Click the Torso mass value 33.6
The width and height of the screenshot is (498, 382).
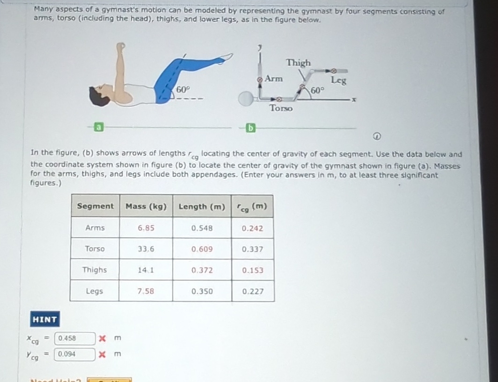146,249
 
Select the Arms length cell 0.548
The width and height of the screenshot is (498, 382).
202,228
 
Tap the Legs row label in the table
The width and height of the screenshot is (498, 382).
94,291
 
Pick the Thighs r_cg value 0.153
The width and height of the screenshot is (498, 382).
252,270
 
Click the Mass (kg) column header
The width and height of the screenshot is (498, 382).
146,206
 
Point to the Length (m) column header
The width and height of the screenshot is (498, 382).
202,206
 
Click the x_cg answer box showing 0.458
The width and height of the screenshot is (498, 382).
75,338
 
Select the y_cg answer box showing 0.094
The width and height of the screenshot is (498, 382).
75,354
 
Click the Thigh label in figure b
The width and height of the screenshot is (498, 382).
298,63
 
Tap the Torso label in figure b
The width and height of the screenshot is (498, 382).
281,108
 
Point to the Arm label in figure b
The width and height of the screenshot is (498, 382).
273,79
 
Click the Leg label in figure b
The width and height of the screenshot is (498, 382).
338,80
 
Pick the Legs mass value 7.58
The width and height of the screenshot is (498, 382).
146,291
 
